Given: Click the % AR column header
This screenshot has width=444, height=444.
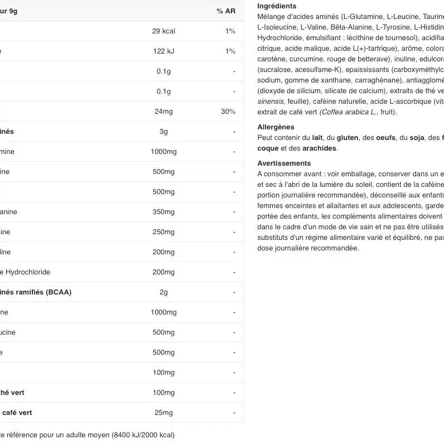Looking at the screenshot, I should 226,11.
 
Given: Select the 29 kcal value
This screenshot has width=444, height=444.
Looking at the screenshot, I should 163,31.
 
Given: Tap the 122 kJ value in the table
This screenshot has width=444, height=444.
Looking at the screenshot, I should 163,51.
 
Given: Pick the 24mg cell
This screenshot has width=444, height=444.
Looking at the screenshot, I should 163,112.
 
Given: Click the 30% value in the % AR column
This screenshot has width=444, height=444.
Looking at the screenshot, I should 228,112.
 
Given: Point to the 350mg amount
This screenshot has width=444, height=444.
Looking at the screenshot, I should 163,212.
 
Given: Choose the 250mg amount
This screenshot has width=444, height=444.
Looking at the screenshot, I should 163,232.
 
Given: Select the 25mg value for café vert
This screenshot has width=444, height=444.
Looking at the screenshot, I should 163,413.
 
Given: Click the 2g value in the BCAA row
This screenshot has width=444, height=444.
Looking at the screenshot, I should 163,292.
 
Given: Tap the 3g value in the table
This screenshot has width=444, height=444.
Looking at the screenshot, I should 163,132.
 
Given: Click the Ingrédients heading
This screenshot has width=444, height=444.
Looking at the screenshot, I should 277,6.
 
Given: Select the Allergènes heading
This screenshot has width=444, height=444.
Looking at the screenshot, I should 276,127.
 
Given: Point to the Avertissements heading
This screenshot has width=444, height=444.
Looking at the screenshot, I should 284,163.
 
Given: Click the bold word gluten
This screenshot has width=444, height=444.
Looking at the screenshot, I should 348,138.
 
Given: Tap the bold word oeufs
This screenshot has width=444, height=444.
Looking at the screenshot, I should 386,138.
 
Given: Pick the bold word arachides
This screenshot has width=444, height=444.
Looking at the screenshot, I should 320,148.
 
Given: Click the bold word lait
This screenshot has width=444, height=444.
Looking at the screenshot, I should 317,138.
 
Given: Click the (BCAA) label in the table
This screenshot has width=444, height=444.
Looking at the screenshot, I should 59,292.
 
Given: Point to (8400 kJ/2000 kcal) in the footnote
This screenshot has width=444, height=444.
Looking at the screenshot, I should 143,435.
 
